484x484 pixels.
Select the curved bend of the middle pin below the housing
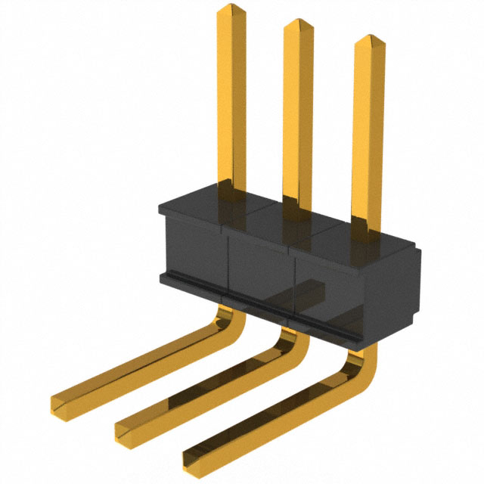(295, 344)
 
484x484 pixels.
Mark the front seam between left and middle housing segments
(228, 265)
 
